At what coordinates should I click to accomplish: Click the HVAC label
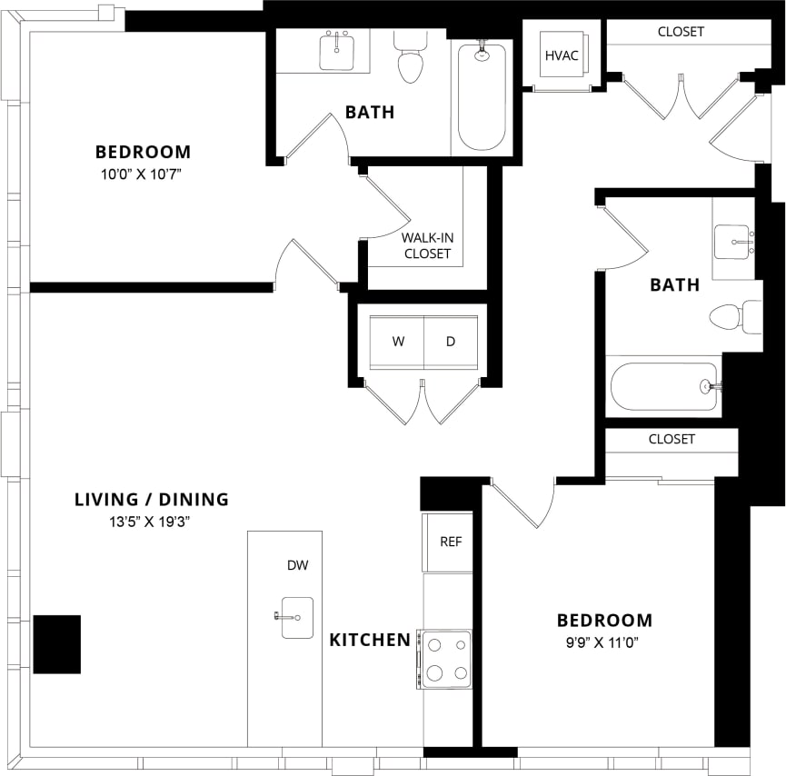(561, 55)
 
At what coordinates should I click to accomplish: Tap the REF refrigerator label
(451, 542)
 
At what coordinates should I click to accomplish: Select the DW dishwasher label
(297, 565)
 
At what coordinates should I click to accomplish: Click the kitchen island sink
(296, 618)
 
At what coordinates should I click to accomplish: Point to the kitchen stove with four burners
(445, 659)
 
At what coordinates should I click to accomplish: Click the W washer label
(398, 342)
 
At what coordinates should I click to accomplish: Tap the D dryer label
(451, 342)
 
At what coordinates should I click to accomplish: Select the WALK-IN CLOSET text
(427, 245)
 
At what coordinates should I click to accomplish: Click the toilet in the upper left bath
(411, 59)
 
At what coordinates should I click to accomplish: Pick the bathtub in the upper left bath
(481, 95)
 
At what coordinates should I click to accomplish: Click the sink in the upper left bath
(337, 51)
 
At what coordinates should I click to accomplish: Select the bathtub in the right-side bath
(664, 387)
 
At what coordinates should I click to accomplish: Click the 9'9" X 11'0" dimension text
(604, 641)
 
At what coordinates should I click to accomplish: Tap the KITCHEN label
(370, 640)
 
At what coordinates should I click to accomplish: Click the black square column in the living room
(57, 644)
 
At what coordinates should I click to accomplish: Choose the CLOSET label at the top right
(681, 32)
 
